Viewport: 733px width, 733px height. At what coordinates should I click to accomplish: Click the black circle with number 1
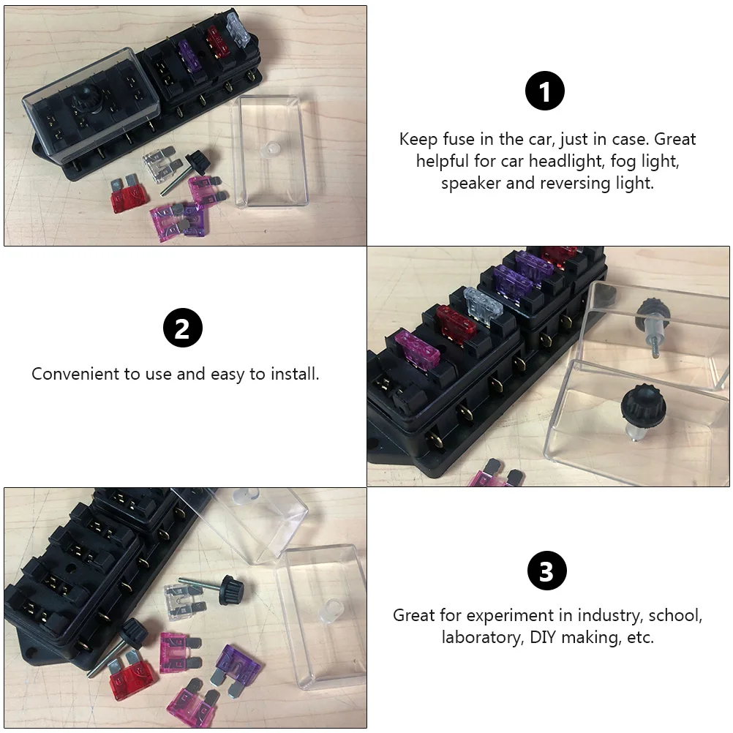tap(545, 93)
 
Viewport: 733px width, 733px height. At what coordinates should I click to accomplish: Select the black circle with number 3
tap(546, 571)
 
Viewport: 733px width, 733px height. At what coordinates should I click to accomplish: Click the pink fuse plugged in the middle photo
tap(418, 347)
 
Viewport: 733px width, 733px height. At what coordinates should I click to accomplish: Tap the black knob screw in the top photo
tap(195, 162)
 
